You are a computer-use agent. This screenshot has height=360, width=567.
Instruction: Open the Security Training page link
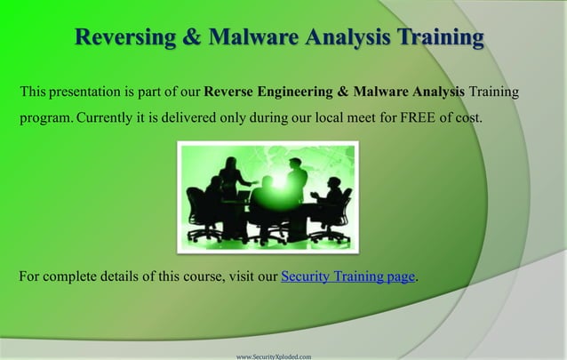[x=347, y=277]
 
